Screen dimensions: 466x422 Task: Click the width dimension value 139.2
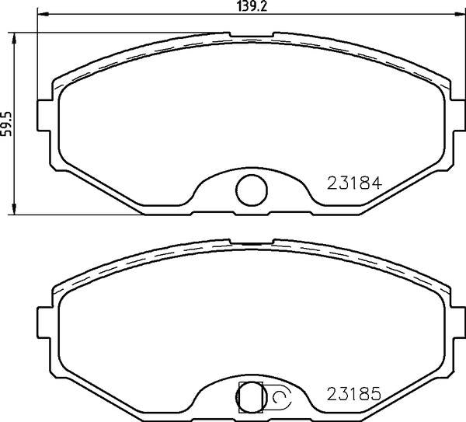[x=252, y=6]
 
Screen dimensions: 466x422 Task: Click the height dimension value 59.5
[x=6, y=124]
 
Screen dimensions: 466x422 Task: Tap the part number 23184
[x=354, y=183]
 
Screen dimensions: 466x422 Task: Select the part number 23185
[x=354, y=394]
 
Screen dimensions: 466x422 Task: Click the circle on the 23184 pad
[x=252, y=175]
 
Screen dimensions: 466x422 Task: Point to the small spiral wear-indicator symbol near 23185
[x=279, y=396]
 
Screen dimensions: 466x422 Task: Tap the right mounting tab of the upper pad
[x=458, y=115]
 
